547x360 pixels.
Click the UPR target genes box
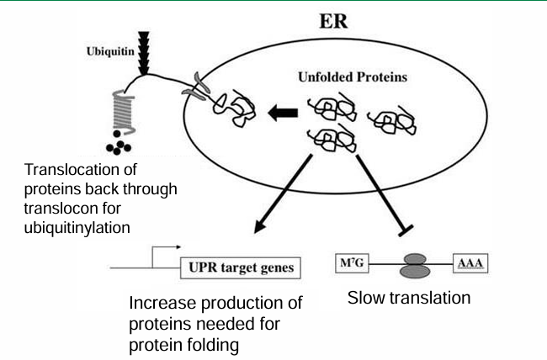tap(239, 268)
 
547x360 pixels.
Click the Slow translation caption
tap(408, 298)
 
